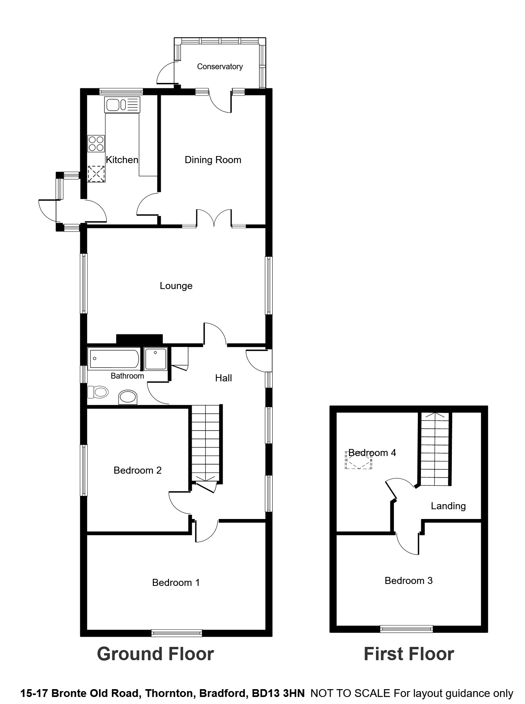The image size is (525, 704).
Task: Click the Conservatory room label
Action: [x=219, y=66]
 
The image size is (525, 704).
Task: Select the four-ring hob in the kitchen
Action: [x=96, y=143]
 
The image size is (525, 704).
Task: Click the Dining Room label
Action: [x=213, y=160]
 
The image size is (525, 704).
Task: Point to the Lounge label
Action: [x=176, y=286]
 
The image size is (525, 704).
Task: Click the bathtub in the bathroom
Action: [x=113, y=359]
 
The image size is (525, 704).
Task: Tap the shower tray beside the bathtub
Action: [x=156, y=359]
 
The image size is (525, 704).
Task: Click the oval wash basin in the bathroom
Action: [x=128, y=397]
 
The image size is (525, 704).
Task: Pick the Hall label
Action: [x=223, y=378]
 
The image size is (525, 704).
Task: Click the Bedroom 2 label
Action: [x=137, y=470]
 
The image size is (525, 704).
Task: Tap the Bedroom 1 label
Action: [x=176, y=582]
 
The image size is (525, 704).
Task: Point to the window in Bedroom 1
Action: [x=177, y=632]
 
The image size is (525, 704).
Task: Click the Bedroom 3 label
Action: [x=408, y=580]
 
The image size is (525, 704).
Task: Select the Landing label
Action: [x=448, y=506]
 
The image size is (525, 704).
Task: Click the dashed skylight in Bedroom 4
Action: [x=358, y=461]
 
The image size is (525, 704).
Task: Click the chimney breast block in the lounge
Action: [x=139, y=339]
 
